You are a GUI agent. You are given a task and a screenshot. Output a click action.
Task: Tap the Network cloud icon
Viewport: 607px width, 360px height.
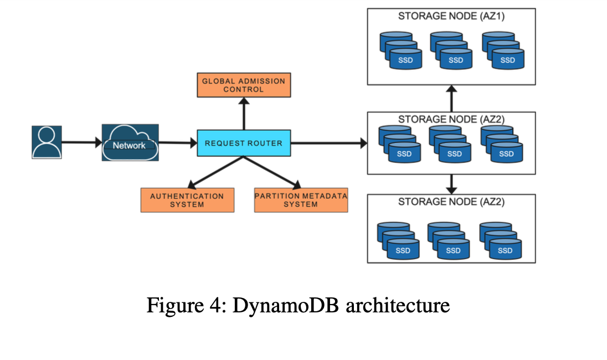coord(130,143)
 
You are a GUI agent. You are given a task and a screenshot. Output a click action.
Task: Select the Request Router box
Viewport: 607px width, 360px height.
coord(244,143)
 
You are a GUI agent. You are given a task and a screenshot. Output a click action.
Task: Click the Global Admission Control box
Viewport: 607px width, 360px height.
coord(244,85)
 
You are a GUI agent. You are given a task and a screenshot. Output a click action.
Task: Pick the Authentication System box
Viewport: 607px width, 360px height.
coord(187,200)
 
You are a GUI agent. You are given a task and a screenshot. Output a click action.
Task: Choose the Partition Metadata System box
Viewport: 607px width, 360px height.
coord(301,200)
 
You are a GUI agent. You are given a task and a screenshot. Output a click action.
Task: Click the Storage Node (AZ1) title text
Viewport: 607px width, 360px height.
coord(451,16)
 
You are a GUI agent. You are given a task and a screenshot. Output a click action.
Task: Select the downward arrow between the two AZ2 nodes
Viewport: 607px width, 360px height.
coord(452,183)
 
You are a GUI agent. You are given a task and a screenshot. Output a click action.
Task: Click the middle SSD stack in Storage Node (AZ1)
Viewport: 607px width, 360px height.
coord(451,50)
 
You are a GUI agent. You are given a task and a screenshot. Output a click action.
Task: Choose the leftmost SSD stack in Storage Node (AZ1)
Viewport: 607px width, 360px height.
coord(400,50)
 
